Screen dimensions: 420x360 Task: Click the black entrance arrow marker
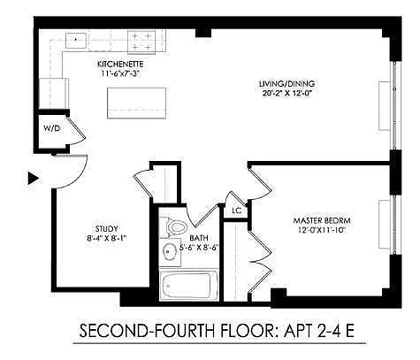click(34, 178)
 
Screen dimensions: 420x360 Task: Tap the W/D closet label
click(52, 128)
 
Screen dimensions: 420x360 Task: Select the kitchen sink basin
click(76, 41)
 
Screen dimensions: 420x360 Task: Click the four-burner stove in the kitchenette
click(141, 42)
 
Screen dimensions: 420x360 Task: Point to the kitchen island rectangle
click(136, 103)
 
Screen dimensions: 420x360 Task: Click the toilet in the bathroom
click(174, 227)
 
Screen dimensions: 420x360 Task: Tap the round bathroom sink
click(169, 252)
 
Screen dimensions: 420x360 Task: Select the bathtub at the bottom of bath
click(188, 286)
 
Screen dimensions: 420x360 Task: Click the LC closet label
click(236, 211)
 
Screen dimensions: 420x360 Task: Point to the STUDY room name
click(107, 229)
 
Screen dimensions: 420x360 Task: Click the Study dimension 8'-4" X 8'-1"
click(107, 238)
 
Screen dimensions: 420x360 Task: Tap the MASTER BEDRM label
click(322, 220)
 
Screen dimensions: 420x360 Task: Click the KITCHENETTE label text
click(120, 64)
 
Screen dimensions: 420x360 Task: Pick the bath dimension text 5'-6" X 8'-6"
click(199, 248)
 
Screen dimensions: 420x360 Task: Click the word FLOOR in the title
click(247, 331)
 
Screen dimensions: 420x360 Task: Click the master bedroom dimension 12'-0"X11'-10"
click(322, 230)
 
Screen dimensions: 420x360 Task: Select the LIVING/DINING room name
click(286, 84)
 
